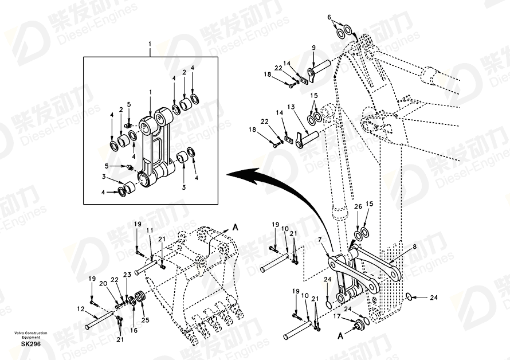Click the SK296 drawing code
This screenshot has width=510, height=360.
[x=31, y=344]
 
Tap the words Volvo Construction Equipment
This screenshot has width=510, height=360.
[x=30, y=335]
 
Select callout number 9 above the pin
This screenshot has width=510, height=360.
[x=313, y=48]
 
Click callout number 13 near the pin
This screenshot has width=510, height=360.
[x=291, y=107]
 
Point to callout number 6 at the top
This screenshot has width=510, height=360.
[x=329, y=17]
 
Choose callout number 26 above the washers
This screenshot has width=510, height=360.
[x=358, y=207]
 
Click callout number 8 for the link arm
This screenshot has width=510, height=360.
[x=414, y=247]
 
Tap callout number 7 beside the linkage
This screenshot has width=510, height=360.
[x=320, y=240]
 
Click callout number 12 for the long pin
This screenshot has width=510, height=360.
[x=80, y=309]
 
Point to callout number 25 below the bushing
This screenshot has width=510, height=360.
[x=145, y=320]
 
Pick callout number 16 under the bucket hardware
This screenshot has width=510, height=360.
[x=134, y=330]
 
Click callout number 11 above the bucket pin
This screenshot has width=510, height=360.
[x=150, y=230]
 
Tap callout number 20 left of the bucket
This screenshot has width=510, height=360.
[x=103, y=284]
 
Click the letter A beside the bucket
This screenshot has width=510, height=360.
[x=235, y=227]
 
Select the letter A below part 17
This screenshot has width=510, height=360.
[x=340, y=336]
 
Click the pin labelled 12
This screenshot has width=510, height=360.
[x=99, y=320]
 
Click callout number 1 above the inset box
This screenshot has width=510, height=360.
[x=150, y=44]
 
